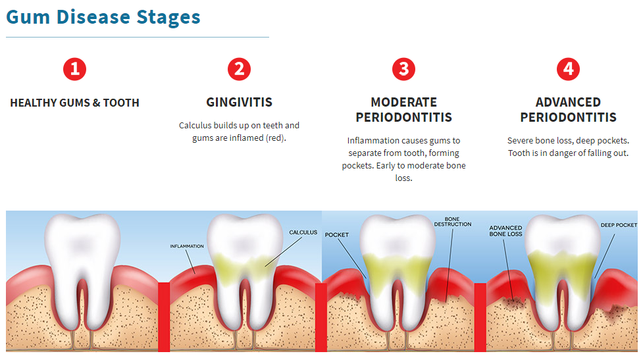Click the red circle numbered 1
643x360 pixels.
pyautogui.click(x=75, y=69)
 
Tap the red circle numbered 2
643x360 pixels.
pyautogui.click(x=240, y=69)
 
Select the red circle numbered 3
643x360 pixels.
pyautogui.click(x=404, y=69)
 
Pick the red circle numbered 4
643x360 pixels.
pyautogui.click(x=568, y=69)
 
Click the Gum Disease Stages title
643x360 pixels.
pyautogui.click(x=103, y=16)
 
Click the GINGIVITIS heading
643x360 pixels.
pyautogui.click(x=240, y=103)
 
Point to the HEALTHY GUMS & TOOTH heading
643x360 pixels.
pyautogui.click(x=75, y=103)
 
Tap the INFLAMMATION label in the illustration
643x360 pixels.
pyautogui.click(x=187, y=246)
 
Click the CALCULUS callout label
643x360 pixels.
pyautogui.click(x=303, y=232)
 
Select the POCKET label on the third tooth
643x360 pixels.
pyautogui.click(x=337, y=235)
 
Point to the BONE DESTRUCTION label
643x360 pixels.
pyautogui.click(x=453, y=221)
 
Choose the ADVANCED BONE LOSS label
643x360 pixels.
pyautogui.click(x=505, y=231)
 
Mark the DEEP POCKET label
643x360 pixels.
pyautogui.click(x=619, y=225)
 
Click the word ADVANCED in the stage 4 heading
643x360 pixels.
pyautogui.click(x=568, y=103)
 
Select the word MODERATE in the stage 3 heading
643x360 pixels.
pyautogui.click(x=404, y=103)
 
